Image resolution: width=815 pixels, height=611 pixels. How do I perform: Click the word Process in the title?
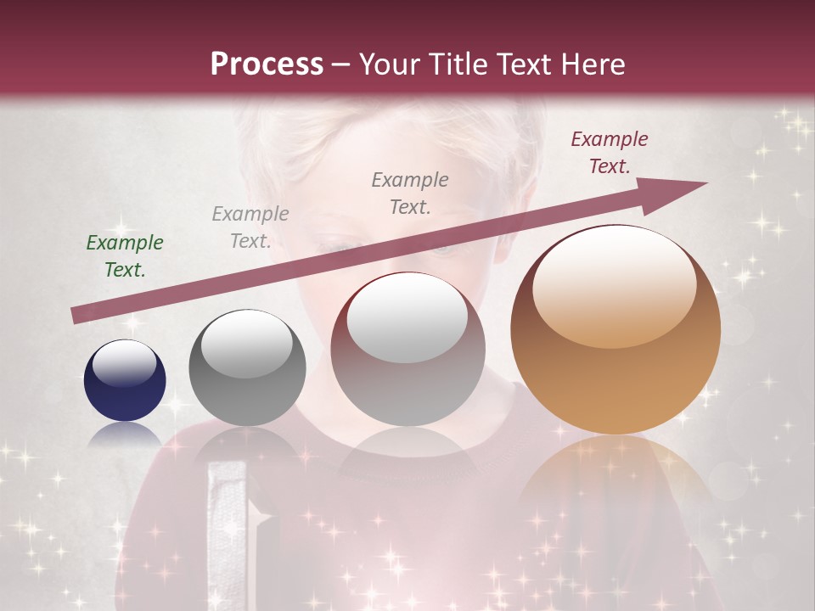(267, 64)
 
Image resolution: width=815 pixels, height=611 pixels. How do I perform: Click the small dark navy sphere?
(125, 380)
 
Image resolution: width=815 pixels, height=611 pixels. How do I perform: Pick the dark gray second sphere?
(247, 367)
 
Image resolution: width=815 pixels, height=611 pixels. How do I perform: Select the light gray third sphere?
(407, 349)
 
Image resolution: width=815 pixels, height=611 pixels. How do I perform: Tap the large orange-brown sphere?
(615, 329)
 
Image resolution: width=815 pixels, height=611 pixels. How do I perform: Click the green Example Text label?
(125, 256)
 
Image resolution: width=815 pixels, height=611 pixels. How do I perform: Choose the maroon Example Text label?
(609, 153)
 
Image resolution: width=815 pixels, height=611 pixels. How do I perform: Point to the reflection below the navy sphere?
(125, 434)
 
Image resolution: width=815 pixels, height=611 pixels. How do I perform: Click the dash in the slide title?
(341, 64)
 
